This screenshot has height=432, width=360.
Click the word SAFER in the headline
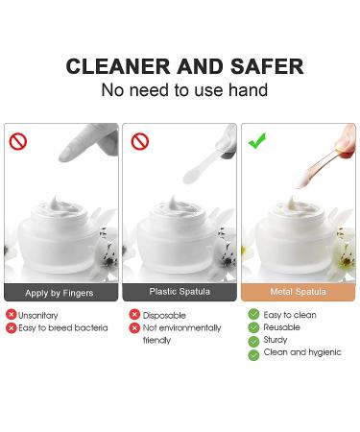tap(267, 66)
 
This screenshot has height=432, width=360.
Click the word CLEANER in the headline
tap(118, 66)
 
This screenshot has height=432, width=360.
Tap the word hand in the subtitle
tap(248, 90)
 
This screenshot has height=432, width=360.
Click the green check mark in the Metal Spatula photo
tap(257, 141)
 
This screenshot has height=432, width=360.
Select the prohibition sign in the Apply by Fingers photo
tap(18, 141)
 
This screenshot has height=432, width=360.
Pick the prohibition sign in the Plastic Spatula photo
tap(140, 141)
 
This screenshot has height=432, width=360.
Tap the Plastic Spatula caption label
tap(180, 292)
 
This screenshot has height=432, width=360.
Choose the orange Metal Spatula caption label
tap(299, 292)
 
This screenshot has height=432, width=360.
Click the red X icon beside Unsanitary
tap(12, 315)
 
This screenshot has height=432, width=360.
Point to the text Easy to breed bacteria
tap(63, 328)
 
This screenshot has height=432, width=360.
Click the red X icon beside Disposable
tap(134, 315)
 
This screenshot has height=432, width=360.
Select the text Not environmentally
tap(181, 328)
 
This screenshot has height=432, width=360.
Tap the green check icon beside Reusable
tap(253, 327)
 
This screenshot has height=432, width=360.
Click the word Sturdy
tap(276, 340)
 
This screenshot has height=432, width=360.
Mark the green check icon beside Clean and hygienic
tap(253, 355)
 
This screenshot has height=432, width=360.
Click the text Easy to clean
tap(290, 315)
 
